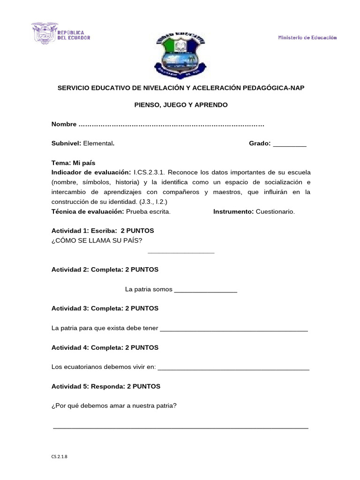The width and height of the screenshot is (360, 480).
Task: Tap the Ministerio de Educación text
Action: coord(307,38)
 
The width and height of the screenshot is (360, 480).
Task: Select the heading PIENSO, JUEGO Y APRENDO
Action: coord(181,105)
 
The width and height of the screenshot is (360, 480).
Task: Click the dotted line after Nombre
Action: coord(171,125)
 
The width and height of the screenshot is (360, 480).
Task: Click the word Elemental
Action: coord(98,144)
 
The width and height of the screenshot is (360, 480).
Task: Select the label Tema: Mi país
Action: coord(73,163)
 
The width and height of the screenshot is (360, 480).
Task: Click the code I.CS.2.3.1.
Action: coord(149,172)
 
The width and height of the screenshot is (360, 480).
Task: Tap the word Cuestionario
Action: coord(275,211)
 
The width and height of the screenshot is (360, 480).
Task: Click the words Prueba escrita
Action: coord(148,211)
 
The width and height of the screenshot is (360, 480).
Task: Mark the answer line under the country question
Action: coord(181,252)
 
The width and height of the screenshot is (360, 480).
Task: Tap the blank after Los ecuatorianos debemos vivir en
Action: coord(233,368)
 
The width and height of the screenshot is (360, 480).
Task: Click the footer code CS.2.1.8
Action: coord(60,455)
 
